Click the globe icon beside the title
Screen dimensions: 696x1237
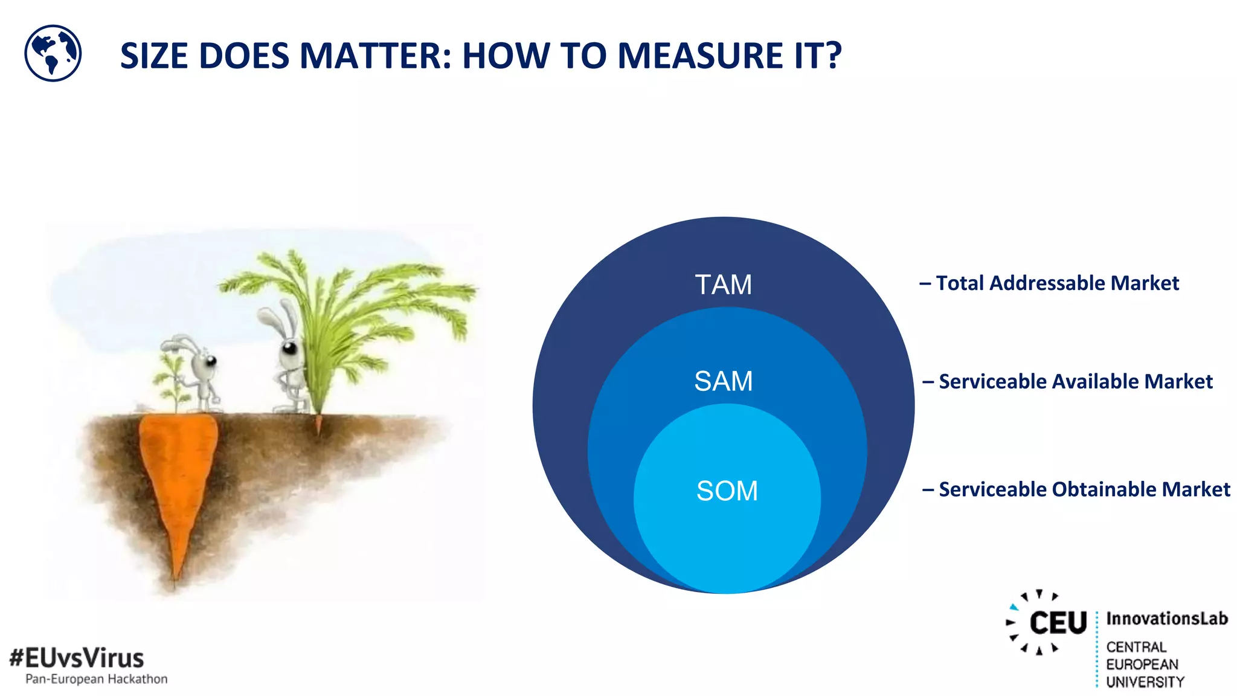pos(53,53)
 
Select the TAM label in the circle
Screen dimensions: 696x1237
pos(723,285)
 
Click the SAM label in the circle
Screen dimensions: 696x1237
pos(723,381)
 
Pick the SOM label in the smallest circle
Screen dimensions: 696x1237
pos(727,491)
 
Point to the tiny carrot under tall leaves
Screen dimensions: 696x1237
pos(318,424)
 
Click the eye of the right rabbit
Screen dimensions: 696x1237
pos(290,349)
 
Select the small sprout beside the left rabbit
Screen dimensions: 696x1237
pos(172,381)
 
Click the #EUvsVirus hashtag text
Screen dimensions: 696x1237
pos(77,657)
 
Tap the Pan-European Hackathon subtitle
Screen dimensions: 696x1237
pos(96,679)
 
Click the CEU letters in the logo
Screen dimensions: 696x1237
pos(1057,623)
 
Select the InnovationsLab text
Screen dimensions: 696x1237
pos(1166,619)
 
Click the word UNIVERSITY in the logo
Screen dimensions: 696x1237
pos(1145,681)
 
